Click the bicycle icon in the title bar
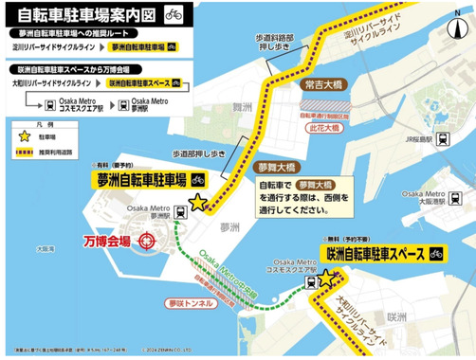coord(173,14)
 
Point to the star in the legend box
coord(23,137)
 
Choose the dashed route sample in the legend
coord(23,153)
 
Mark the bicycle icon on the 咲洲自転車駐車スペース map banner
coord(436,254)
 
